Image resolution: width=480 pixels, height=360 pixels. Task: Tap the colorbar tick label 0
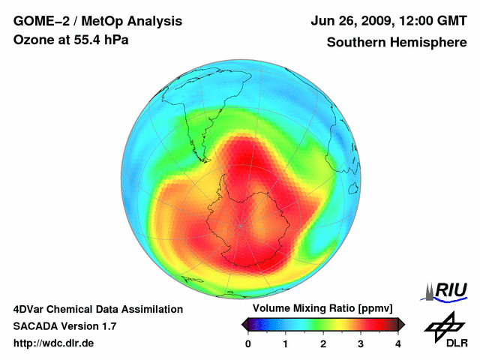pyautogui.click(x=248, y=343)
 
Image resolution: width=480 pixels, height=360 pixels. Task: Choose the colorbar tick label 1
pyautogui.click(x=286, y=343)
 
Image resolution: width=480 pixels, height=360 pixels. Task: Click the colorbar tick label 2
pyautogui.click(x=323, y=343)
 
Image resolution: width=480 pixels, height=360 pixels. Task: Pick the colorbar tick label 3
pyautogui.click(x=361, y=343)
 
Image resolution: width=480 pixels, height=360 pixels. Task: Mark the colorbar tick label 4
pyautogui.click(x=398, y=343)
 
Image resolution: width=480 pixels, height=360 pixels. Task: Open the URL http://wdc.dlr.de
pyautogui.click(x=54, y=343)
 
